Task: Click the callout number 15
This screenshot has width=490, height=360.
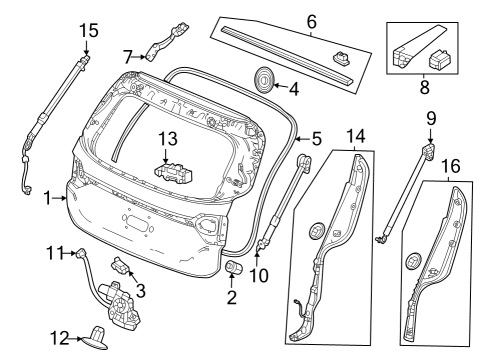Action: [x=89, y=30]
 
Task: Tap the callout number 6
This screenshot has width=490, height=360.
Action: [x=311, y=22]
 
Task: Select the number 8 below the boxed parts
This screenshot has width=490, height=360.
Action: [x=424, y=87]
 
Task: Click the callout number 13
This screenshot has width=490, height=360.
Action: [x=168, y=138]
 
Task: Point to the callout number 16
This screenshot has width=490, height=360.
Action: [x=451, y=166]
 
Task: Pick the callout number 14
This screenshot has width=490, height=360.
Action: [x=356, y=136]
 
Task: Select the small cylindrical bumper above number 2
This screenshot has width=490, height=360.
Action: [x=234, y=267]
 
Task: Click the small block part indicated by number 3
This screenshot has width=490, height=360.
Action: [x=120, y=265]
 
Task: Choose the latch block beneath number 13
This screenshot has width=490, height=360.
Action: [x=174, y=172]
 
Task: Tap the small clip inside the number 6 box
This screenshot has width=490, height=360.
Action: [x=341, y=57]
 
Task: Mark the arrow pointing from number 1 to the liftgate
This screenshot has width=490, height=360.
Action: [x=60, y=198]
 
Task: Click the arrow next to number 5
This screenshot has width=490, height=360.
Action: [x=303, y=139]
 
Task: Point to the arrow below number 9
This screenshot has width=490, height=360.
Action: [x=430, y=136]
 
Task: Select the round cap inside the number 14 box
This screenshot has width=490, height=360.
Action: [x=317, y=230]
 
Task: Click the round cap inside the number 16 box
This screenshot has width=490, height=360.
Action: [x=414, y=261]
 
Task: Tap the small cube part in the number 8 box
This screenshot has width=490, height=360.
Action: [x=439, y=59]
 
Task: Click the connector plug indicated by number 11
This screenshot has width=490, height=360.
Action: [x=82, y=253]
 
